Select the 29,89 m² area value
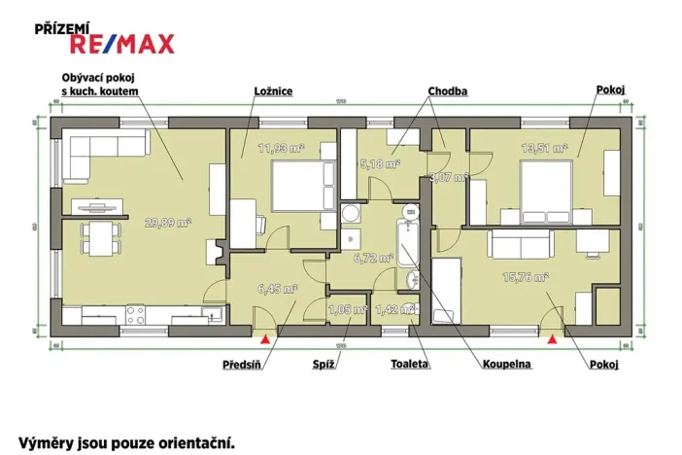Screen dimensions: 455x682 (x=168, y=223)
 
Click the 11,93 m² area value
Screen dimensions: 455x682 (x=281, y=148)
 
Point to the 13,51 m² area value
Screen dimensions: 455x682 (x=542, y=148)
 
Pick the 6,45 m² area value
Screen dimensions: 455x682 (x=277, y=289)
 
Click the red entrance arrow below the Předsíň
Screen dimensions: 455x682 (x=263, y=339)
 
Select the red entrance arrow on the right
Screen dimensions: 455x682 (x=552, y=339)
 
